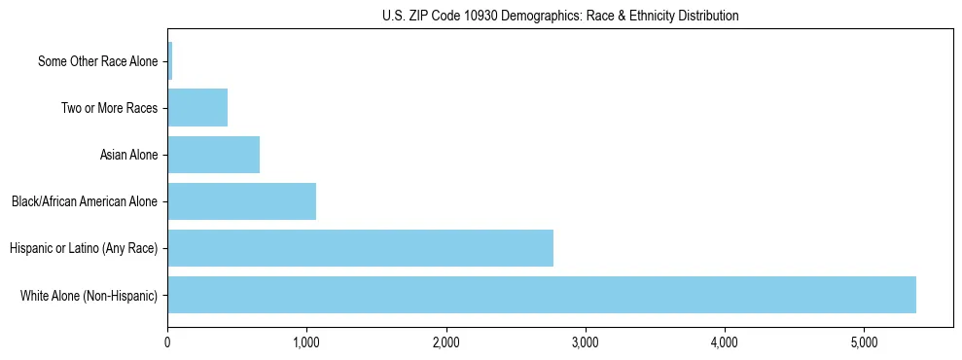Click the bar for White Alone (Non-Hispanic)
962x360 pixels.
click(542, 295)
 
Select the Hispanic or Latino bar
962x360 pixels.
click(360, 248)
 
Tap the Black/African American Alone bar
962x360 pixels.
click(241, 201)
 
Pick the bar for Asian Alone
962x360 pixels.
click(213, 155)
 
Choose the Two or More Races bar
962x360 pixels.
click(197, 108)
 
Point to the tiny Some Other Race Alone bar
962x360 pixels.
click(170, 61)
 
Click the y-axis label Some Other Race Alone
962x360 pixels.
click(97, 61)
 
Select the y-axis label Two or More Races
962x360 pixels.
click(109, 108)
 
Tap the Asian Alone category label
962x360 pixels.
click(128, 155)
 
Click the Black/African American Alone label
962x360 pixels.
click(85, 201)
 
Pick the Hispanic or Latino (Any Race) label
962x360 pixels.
click(84, 248)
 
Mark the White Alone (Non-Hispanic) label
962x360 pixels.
click(89, 295)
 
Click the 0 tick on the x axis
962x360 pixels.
click(167, 343)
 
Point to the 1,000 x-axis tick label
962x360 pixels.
click(306, 343)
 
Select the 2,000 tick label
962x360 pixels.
click(446, 343)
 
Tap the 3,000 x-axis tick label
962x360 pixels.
click(586, 343)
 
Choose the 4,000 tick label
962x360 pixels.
click(725, 343)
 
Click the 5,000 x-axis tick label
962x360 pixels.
click(864, 343)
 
